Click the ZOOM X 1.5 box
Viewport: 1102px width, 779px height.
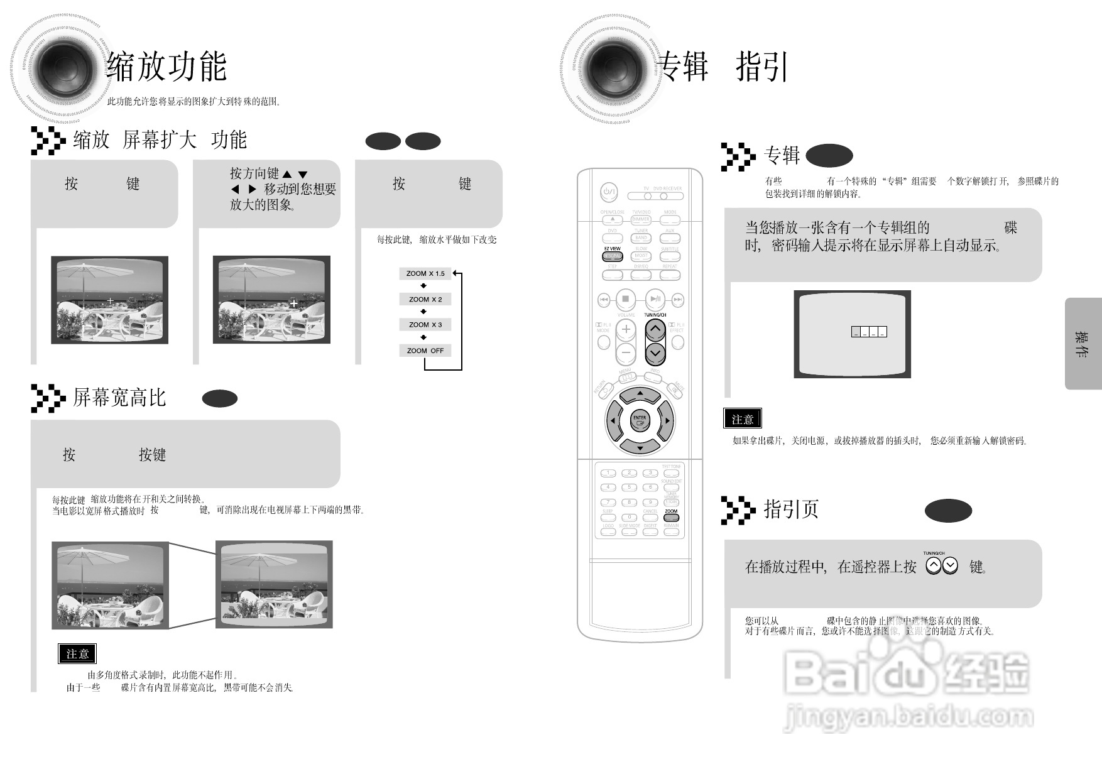(x=425, y=273)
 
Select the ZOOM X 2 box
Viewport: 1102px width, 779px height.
(x=425, y=299)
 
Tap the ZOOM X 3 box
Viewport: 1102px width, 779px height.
(x=425, y=325)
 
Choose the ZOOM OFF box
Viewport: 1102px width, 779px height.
(x=425, y=351)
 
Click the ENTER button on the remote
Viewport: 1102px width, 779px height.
(x=640, y=420)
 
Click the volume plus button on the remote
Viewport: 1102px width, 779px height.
(x=626, y=329)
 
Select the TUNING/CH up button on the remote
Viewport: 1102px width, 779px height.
(x=655, y=329)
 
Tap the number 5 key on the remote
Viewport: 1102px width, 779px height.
(x=629, y=488)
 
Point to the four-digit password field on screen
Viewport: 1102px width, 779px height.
(x=869, y=332)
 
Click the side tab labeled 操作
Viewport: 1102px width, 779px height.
(x=1083, y=344)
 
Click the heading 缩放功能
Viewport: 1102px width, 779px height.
(x=166, y=67)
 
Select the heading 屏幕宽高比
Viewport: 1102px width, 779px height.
(x=119, y=397)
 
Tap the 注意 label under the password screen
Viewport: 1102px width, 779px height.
(x=743, y=419)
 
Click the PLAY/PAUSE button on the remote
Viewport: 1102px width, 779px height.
(x=655, y=300)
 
